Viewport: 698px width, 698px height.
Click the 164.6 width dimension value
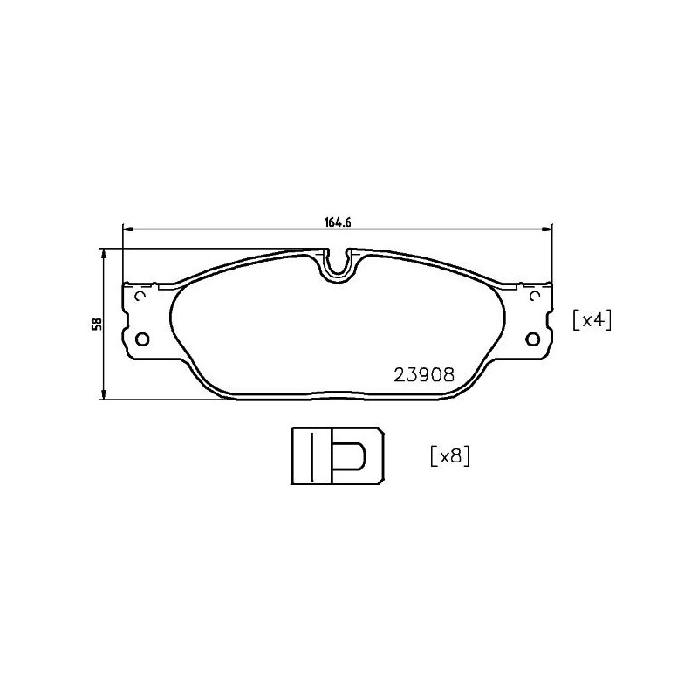(x=337, y=222)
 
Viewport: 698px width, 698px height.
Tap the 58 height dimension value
(x=99, y=324)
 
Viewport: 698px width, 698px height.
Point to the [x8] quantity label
(x=450, y=455)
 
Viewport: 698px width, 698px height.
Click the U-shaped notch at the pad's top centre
(x=336, y=265)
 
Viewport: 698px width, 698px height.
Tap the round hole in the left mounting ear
(x=144, y=339)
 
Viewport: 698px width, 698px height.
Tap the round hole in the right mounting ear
(x=533, y=339)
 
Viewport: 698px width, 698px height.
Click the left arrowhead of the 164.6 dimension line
(x=126, y=229)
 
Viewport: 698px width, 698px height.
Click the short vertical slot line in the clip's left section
(x=307, y=456)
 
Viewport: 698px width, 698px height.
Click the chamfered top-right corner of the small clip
(x=380, y=433)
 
